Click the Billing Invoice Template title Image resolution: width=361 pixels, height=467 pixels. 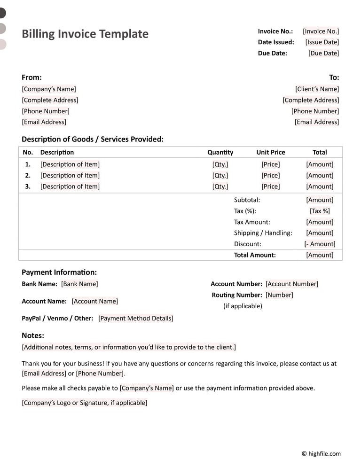(85, 34)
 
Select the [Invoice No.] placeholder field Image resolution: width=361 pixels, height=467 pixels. (321, 31)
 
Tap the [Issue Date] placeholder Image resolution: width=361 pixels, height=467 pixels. (322, 42)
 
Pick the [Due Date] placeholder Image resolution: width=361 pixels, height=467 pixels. (323, 53)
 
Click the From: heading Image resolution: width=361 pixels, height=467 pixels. (31, 78)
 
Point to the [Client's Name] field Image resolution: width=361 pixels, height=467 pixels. (317, 89)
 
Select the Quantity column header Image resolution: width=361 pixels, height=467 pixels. (220, 152)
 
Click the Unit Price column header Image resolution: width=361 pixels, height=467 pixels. (271, 152)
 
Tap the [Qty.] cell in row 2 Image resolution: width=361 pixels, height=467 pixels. (220, 175)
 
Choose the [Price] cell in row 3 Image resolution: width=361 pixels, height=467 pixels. (271, 187)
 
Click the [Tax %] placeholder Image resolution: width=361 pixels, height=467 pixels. (320, 211)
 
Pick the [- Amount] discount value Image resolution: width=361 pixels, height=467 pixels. (320, 244)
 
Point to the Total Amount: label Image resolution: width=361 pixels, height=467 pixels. (255, 255)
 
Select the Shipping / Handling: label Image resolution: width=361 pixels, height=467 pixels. (263, 233)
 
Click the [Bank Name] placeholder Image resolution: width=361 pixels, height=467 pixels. (79, 284)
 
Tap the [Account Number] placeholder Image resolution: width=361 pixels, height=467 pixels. (292, 284)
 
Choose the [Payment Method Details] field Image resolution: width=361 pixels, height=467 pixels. (136, 319)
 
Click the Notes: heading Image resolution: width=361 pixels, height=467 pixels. (33, 335)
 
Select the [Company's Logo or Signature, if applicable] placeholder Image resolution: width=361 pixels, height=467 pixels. (85, 403)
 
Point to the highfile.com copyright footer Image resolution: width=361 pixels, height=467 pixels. (321, 453)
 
